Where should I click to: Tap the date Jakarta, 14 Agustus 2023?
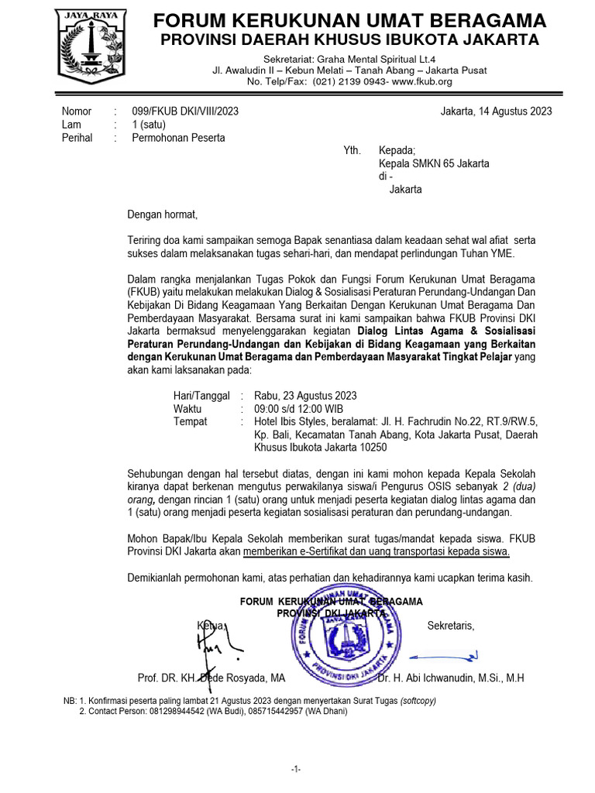[x=496, y=111]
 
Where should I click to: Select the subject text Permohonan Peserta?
[x=179, y=138]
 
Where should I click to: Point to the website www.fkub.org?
[x=422, y=81]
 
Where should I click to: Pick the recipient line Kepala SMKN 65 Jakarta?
[x=433, y=163]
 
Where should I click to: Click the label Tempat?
[x=191, y=422]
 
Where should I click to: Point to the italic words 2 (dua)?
[x=518, y=486]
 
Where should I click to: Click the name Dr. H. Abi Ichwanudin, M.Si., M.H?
[x=451, y=678]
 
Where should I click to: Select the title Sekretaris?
[x=451, y=626]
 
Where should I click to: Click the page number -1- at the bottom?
[x=296, y=769]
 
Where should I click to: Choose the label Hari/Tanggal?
[x=201, y=396]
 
